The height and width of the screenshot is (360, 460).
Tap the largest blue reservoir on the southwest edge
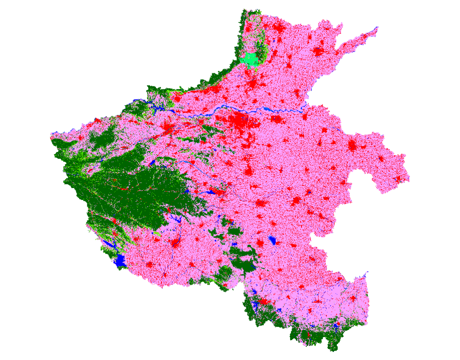tap(120, 261)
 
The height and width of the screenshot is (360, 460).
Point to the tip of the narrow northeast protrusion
tap(376, 29)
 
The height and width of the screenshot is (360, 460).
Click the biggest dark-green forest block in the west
tap(141, 187)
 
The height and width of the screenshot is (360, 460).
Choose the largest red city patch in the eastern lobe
tap(352, 146)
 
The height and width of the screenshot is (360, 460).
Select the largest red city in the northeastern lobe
tap(318, 51)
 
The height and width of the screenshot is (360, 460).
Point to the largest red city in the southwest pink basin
tap(175, 243)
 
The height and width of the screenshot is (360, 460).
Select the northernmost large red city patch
tap(279, 29)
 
